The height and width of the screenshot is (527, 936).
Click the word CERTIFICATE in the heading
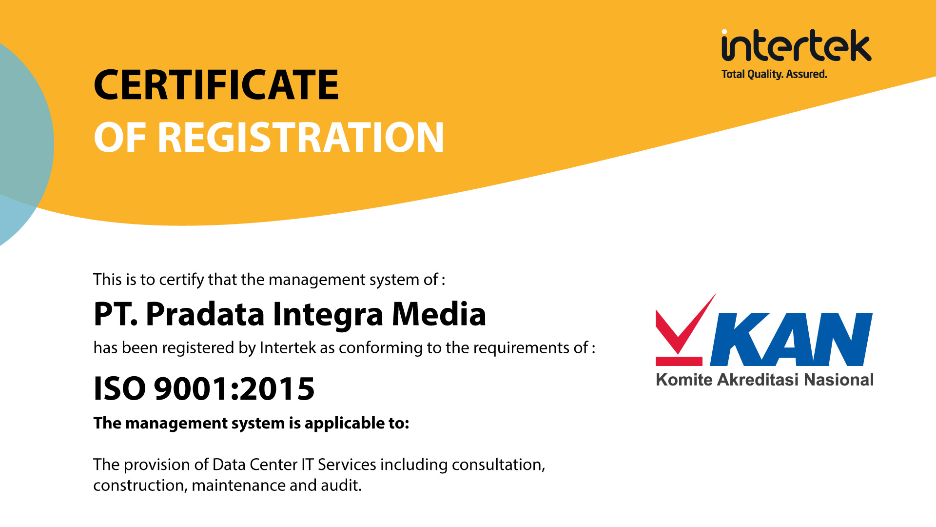tap(216, 85)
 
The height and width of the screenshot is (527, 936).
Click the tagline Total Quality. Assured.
tap(774, 74)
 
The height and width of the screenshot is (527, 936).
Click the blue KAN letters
tap(791, 339)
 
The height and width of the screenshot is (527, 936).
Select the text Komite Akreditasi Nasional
tap(764, 380)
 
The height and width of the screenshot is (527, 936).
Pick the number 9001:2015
tap(234, 388)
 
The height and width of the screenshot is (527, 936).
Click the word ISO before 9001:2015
tap(119, 388)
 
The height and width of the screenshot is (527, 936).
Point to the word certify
tap(182, 280)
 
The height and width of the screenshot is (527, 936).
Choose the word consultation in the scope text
tap(498, 465)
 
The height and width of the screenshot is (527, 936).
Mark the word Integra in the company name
tap(328, 315)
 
